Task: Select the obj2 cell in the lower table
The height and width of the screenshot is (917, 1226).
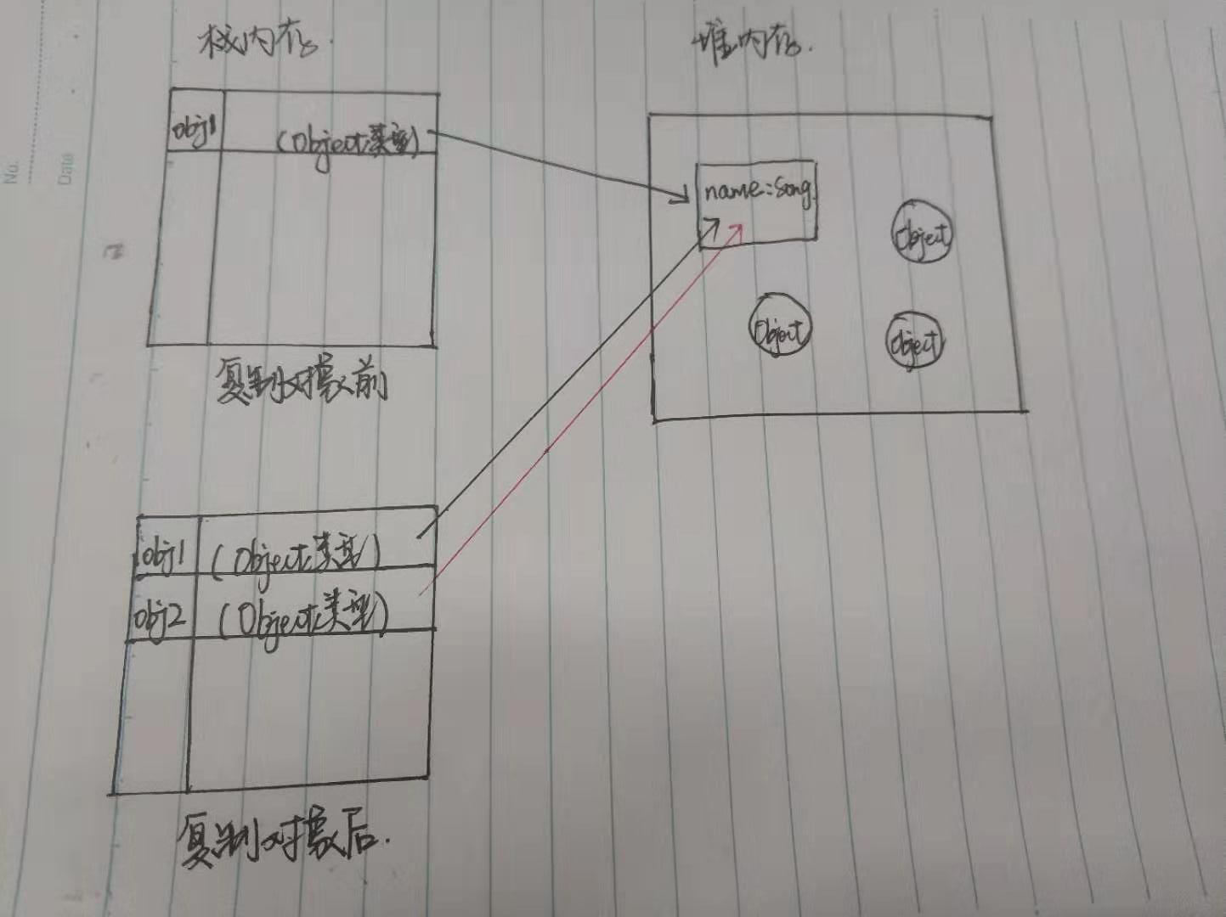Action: (x=160, y=619)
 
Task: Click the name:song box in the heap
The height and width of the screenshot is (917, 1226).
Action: (x=756, y=202)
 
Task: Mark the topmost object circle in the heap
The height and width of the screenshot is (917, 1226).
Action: (x=922, y=231)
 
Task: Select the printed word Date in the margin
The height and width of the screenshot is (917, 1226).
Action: (x=65, y=168)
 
